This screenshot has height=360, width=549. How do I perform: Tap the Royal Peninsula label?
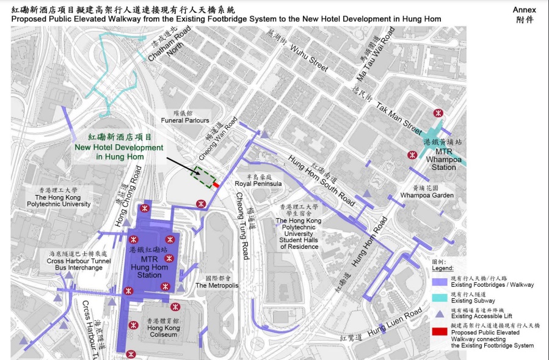pyautogui.click(x=258, y=183)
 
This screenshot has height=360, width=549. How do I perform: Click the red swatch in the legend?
pyautogui.click(x=438, y=332)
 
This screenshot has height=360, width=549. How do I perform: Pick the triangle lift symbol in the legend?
pyautogui.click(x=438, y=314)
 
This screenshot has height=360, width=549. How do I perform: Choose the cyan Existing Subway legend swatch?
pyautogui.click(x=438, y=298)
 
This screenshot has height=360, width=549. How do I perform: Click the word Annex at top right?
pyautogui.click(x=525, y=10)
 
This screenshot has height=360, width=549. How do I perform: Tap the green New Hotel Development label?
pyautogui.click(x=119, y=147)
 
